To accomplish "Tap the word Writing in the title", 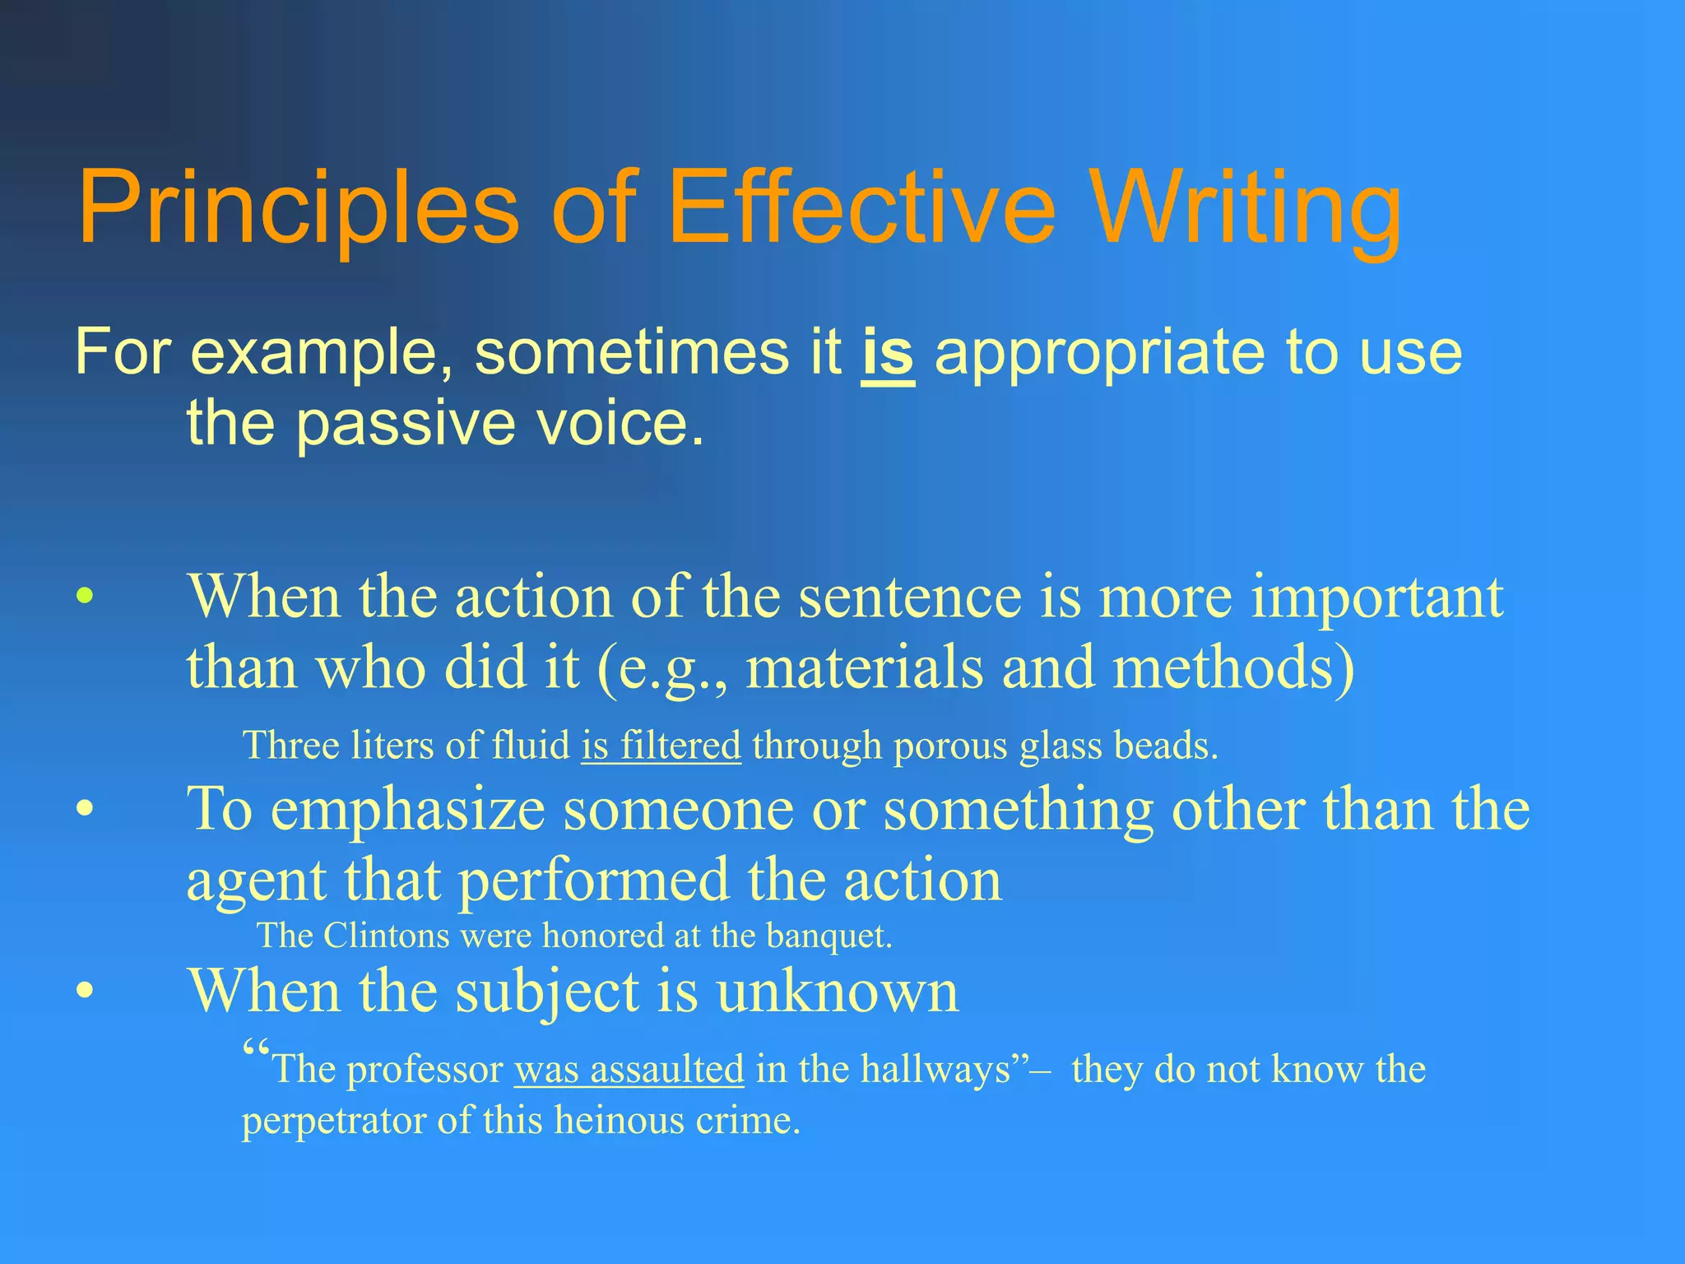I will coord(1246,207).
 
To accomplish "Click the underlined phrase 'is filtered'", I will coord(661,746).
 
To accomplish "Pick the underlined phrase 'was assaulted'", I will coord(629,1070).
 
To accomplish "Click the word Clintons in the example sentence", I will coord(387,936).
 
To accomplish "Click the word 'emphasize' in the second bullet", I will coord(408,811).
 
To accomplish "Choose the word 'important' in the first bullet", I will coord(1377,597).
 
